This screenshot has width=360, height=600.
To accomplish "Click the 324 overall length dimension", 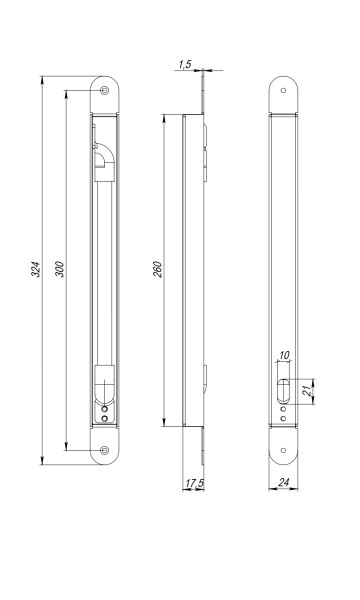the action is click(x=36, y=270).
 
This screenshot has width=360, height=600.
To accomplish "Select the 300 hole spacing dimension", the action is click(x=60, y=269).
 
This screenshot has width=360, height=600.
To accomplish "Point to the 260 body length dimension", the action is click(x=158, y=269).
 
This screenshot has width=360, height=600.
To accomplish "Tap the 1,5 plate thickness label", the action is click(x=184, y=64).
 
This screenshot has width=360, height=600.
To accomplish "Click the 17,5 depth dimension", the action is click(x=194, y=484).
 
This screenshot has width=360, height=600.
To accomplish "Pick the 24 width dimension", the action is click(x=283, y=483).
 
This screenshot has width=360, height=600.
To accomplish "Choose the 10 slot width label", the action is click(x=284, y=355).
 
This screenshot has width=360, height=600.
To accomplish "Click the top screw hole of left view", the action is click(x=104, y=90).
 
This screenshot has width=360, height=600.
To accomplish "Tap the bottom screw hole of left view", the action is click(x=104, y=450).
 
